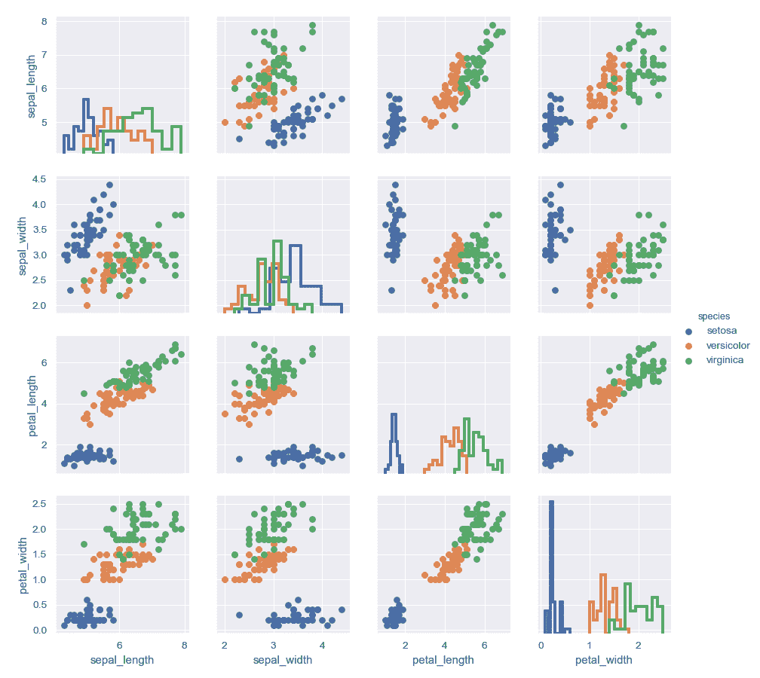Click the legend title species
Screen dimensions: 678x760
pos(713,316)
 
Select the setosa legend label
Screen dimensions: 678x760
pos(722,331)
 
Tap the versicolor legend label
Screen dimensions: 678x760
pos(728,346)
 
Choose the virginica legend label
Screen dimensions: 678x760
pos(725,360)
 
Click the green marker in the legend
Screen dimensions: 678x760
pos(688,361)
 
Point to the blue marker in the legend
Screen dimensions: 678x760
pos(688,331)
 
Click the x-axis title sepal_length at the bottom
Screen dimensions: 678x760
pos(122,661)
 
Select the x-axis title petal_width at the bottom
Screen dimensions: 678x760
pos(603,661)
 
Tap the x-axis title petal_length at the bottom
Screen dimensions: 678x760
pos(443,661)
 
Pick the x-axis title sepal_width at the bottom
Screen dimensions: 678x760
pos(282,661)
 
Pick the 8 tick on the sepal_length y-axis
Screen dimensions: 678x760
pos(44,21)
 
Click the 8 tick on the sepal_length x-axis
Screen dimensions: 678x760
pos(184,646)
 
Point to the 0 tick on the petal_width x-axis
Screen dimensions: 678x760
pos(541,646)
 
